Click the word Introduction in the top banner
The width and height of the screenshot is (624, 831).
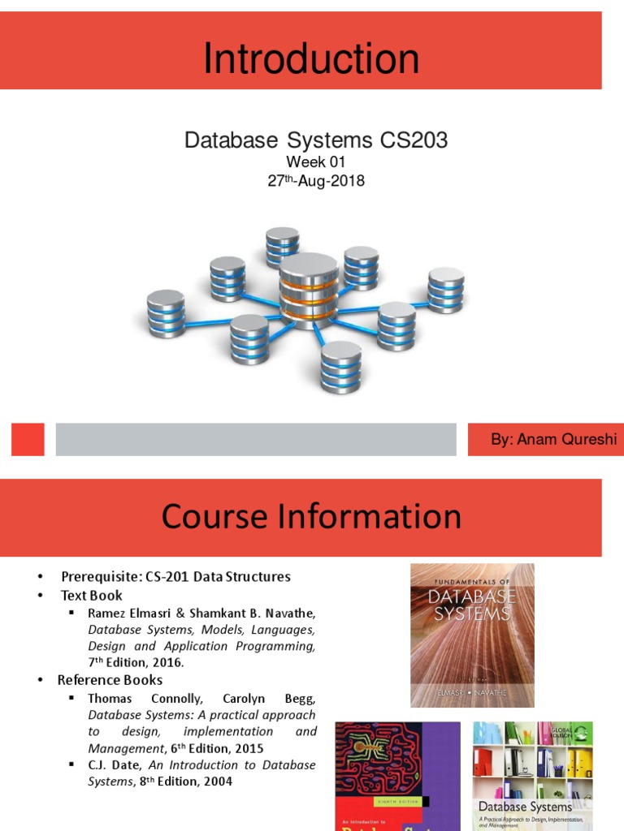[311, 59]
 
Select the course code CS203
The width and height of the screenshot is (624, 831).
[414, 140]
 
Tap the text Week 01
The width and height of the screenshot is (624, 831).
[315, 162]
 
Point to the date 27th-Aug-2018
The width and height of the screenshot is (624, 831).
[316, 181]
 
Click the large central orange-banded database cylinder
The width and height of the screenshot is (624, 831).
[309, 290]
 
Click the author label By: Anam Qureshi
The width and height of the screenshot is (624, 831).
[543, 440]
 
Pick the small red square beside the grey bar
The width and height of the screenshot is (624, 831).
[27, 439]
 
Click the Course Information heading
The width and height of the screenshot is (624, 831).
[311, 516]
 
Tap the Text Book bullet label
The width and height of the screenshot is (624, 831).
[92, 595]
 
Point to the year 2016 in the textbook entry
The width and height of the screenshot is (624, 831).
[168, 662]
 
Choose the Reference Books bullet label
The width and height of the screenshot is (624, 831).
[110, 680]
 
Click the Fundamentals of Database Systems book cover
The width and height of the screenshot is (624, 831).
[472, 634]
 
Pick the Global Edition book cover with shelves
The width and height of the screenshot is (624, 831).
[532, 775]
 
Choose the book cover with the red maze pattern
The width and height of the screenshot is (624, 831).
[397, 775]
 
